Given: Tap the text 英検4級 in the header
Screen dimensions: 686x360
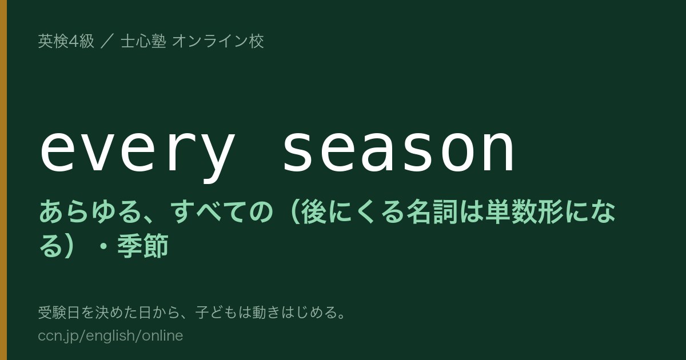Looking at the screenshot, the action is click(66, 41).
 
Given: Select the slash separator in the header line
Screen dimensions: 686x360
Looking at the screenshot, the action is click(107, 41).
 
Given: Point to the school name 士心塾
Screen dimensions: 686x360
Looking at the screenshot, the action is click(143, 41).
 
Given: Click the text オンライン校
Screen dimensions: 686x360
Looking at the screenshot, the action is click(218, 41).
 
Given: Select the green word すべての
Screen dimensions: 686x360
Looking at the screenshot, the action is click(221, 211).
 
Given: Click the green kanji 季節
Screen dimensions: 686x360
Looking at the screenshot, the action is click(143, 246).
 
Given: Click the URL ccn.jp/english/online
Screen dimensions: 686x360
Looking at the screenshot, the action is click(110, 335).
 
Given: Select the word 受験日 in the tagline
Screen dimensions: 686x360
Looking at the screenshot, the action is click(59, 313).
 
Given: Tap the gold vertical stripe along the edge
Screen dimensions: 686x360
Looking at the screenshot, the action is click(3, 180).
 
